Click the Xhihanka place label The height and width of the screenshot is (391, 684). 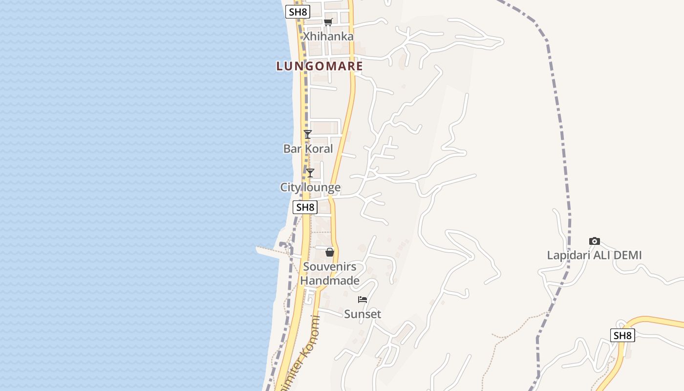coord(328,36)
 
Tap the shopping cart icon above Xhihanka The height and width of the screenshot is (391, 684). coord(328,22)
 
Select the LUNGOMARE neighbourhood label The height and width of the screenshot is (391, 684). coord(320,66)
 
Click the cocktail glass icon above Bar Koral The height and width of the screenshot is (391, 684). coord(307,134)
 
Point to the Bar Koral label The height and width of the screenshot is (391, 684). coord(308,149)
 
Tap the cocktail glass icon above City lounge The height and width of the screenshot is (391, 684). coord(310,173)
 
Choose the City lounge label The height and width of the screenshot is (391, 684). coord(310,187)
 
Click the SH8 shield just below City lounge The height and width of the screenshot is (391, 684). coord(305,207)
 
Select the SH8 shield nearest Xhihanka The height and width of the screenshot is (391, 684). coord(298,12)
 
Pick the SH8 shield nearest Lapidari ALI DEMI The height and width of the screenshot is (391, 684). coord(622,335)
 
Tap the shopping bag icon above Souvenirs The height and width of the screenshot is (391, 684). coord(330,252)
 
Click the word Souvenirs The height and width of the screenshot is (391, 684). coord(330,267)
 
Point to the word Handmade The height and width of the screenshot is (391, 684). coord(330,281)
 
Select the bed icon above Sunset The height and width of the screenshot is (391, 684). coord(363,300)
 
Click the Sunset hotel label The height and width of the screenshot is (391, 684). coord(363,314)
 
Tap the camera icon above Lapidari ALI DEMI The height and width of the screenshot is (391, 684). coord(594,241)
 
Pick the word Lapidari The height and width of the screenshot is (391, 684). coord(566,255)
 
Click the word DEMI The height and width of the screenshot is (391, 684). coord(626,255)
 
